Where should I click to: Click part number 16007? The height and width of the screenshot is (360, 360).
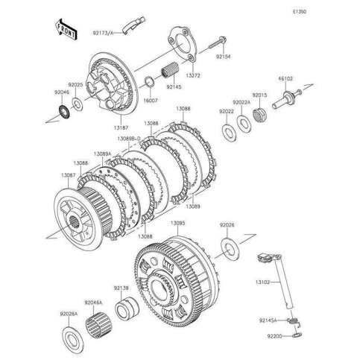150,99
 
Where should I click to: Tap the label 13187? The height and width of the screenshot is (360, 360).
121,127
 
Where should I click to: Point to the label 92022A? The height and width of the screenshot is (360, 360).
241,101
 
